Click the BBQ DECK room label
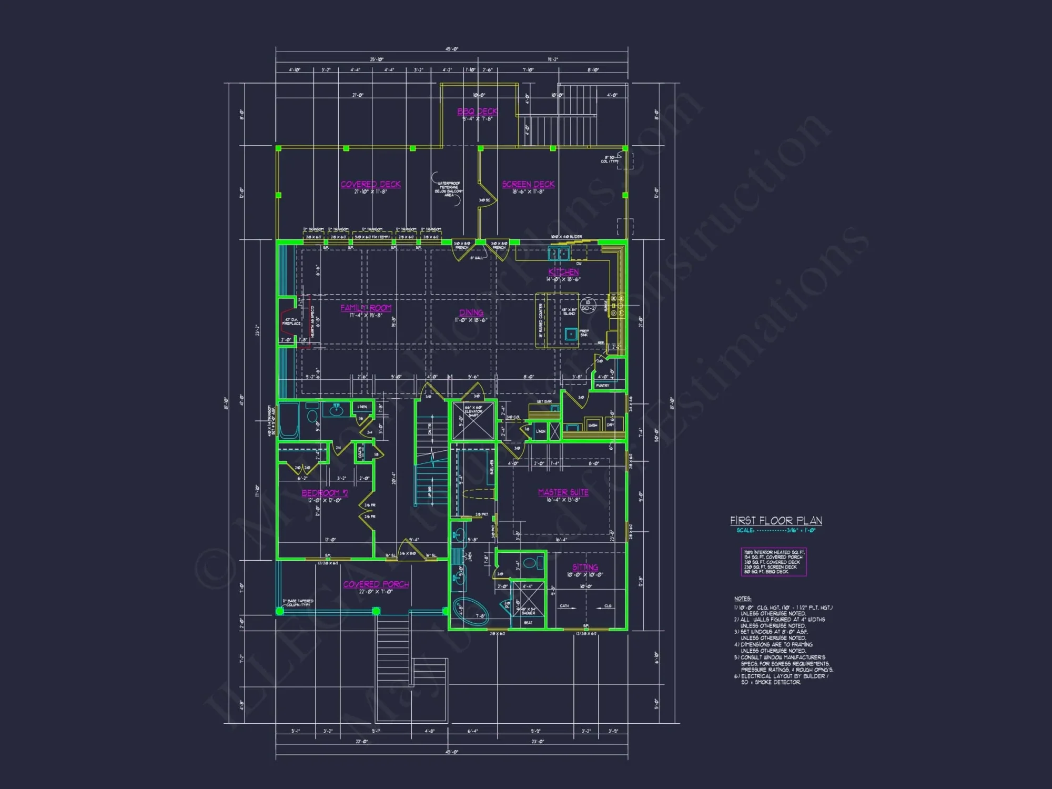pyautogui.click(x=477, y=112)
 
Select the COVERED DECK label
pyautogui.click(x=370, y=184)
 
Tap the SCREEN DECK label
pyautogui.click(x=528, y=184)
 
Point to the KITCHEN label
pyautogui.click(x=563, y=272)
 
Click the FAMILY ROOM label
pyautogui.click(x=366, y=308)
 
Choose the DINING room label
pyautogui.click(x=471, y=312)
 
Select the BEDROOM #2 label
pyautogui.click(x=325, y=493)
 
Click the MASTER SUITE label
pyautogui.click(x=563, y=492)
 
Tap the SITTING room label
pyautogui.click(x=585, y=567)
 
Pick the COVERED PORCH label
pyautogui.click(x=376, y=584)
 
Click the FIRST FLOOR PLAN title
pyautogui.click(x=776, y=521)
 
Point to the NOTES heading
pyautogui.click(x=743, y=599)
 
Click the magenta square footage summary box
pyautogui.click(x=774, y=562)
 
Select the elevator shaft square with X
pyautogui.click(x=473, y=421)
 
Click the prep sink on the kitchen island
pyautogui.click(x=571, y=333)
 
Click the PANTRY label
pyautogui.click(x=602, y=386)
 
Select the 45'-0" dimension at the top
pyautogui.click(x=452, y=49)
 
